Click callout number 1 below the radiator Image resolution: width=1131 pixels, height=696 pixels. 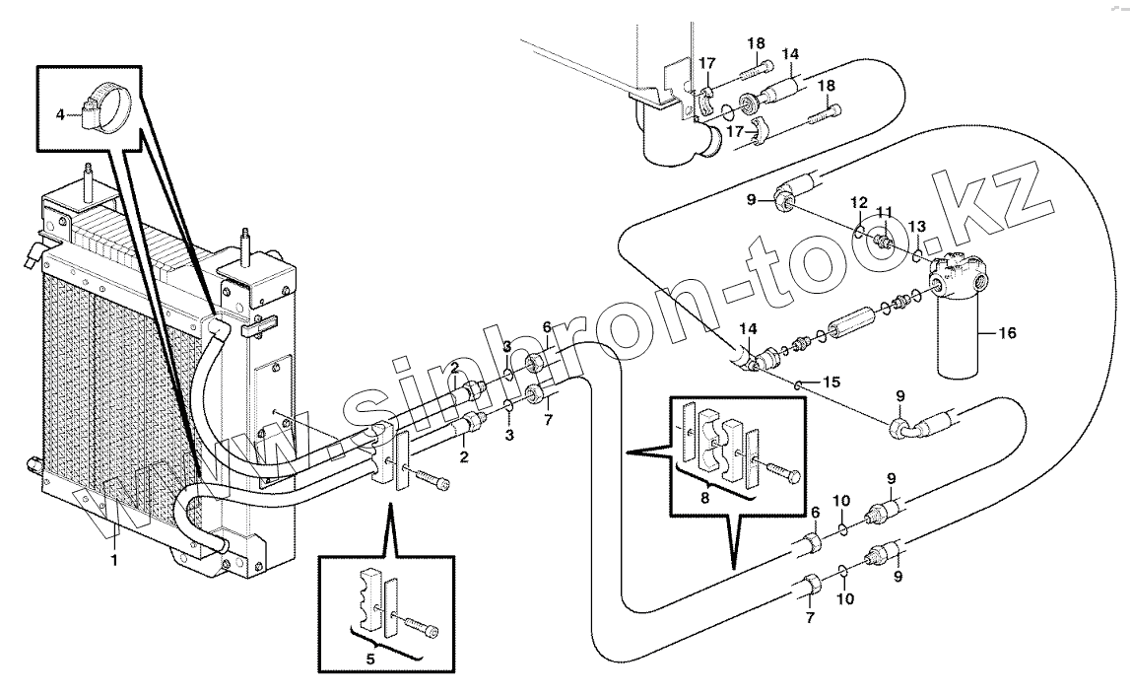click(113, 560)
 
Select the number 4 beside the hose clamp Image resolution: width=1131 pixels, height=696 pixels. click(60, 113)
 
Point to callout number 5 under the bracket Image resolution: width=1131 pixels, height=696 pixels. click(370, 660)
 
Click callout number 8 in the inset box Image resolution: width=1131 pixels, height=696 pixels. click(704, 498)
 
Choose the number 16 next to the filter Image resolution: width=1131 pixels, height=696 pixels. click(1007, 333)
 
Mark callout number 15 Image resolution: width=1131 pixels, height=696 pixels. click(831, 382)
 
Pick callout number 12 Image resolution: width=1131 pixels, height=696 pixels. click(858, 201)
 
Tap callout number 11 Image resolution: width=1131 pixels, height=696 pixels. click(885, 212)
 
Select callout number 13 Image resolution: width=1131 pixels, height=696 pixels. click(917, 227)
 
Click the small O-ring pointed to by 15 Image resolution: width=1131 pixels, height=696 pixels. click(797, 384)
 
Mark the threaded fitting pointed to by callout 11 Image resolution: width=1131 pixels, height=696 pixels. click(882, 239)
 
